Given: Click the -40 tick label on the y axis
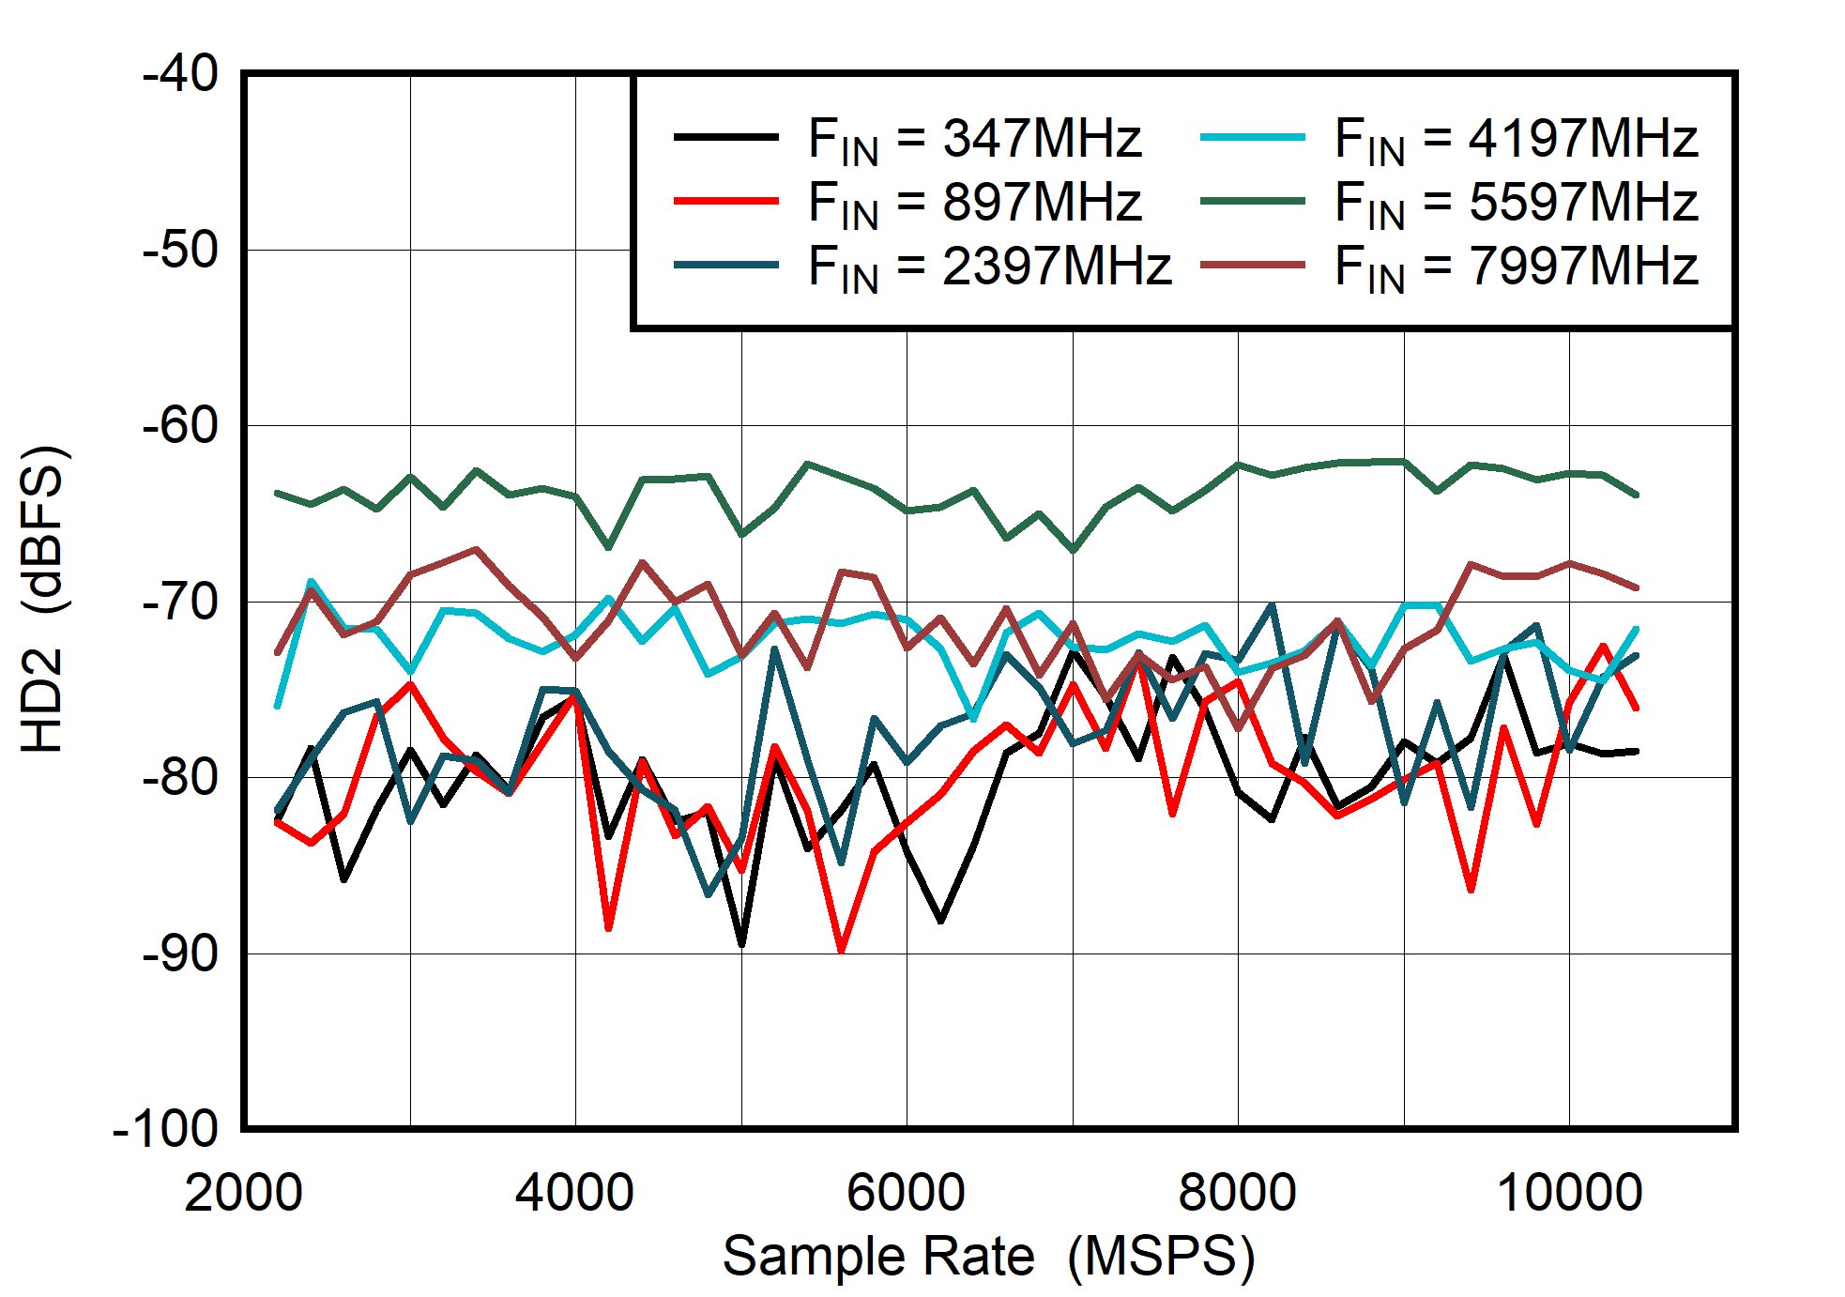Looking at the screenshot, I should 180,73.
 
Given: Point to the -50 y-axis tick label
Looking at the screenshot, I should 180,250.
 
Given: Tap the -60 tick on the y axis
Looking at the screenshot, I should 180,425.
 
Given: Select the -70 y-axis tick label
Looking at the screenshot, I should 180,602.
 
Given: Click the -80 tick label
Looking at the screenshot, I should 180,777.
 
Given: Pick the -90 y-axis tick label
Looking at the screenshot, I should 180,954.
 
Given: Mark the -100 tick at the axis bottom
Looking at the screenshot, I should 165,1129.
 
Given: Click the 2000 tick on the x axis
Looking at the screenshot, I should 243,1193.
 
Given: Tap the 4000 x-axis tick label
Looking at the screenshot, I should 574,1193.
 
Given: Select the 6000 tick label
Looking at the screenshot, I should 906,1193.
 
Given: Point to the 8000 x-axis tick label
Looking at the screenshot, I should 1237,1193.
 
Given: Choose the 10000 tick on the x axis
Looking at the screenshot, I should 1569,1193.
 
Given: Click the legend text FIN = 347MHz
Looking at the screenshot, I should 974,139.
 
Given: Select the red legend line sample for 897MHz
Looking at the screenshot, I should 725,201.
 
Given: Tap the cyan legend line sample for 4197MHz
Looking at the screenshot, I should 1252,137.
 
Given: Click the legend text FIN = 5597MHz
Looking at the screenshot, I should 1516,203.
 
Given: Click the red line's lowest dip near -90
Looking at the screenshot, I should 841,950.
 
